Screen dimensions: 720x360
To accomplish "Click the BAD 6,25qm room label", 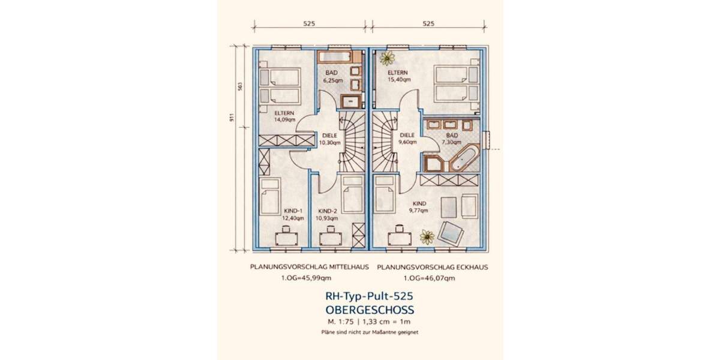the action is (x=332, y=77).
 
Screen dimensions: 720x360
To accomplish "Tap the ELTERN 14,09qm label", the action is (x=284, y=116).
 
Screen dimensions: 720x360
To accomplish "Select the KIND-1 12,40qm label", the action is (x=293, y=214).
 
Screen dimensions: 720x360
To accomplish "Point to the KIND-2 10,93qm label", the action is (x=327, y=214).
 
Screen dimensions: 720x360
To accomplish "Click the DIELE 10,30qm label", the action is (x=330, y=139).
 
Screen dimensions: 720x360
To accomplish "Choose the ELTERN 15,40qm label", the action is (x=399, y=76).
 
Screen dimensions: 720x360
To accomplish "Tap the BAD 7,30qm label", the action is (x=452, y=139).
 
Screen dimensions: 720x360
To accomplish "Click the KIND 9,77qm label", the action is (x=419, y=207).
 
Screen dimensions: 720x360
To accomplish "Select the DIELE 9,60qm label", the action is (x=407, y=139).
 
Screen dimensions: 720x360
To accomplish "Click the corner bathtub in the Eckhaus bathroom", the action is (x=464, y=159).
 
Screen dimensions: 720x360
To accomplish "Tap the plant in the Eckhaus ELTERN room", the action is (x=387, y=58).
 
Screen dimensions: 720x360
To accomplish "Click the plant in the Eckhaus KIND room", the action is (x=427, y=237).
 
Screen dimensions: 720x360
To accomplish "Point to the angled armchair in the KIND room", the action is (x=451, y=233).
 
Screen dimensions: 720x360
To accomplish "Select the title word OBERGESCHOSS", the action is (x=370, y=310).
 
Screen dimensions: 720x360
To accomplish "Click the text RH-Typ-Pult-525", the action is (x=370, y=296).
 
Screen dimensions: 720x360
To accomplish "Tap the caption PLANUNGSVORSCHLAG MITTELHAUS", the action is (x=310, y=267).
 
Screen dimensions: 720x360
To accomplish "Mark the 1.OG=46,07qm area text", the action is (x=430, y=278).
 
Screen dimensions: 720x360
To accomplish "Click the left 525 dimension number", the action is (x=309, y=23).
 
